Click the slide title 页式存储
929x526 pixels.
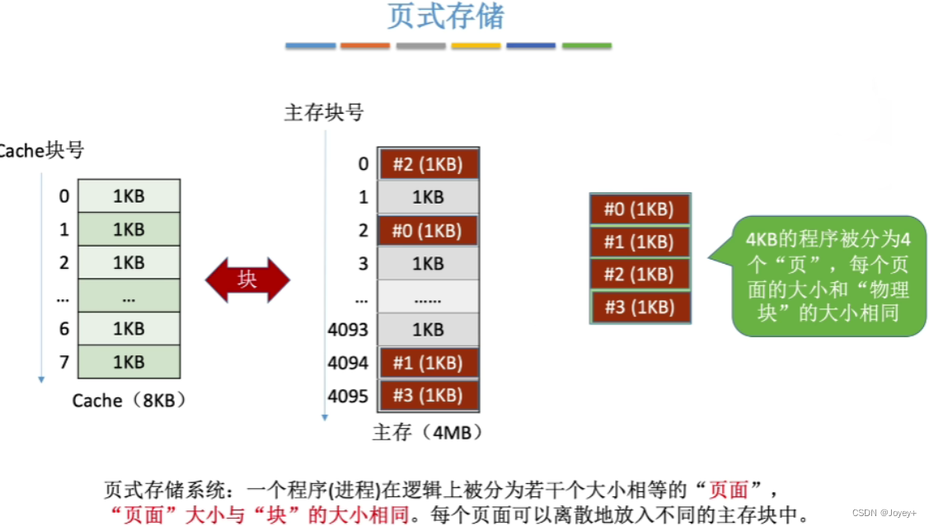tap(445, 17)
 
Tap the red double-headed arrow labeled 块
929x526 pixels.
tap(247, 279)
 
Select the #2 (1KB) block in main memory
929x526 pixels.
tap(428, 164)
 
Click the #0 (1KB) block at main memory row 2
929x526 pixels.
tap(428, 231)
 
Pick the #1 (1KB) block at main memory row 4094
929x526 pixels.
tap(428, 364)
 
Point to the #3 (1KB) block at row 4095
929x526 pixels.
tap(428, 396)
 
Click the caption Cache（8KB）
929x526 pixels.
tap(129, 401)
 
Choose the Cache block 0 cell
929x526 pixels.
tap(129, 196)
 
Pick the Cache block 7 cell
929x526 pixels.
tap(129, 362)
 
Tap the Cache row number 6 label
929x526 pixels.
tap(63, 329)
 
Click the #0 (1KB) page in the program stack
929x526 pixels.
tap(639, 209)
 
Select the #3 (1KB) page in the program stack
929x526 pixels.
tap(639, 308)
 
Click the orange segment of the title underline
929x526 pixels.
tap(365, 46)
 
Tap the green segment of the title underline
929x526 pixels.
tap(586, 46)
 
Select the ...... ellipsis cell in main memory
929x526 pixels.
tap(428, 297)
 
